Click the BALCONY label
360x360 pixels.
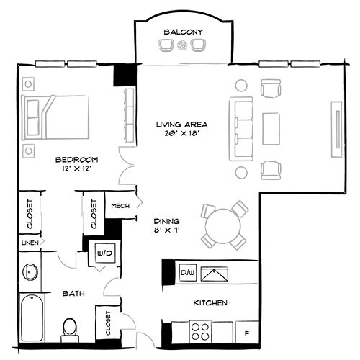(183, 32)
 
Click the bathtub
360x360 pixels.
(32, 318)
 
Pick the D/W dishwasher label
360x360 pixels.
(187, 273)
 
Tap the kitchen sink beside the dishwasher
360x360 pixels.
(215, 274)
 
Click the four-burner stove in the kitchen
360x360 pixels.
(201, 331)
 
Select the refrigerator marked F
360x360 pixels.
(247, 333)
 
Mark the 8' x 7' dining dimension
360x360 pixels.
(166, 230)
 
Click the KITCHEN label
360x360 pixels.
(211, 303)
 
